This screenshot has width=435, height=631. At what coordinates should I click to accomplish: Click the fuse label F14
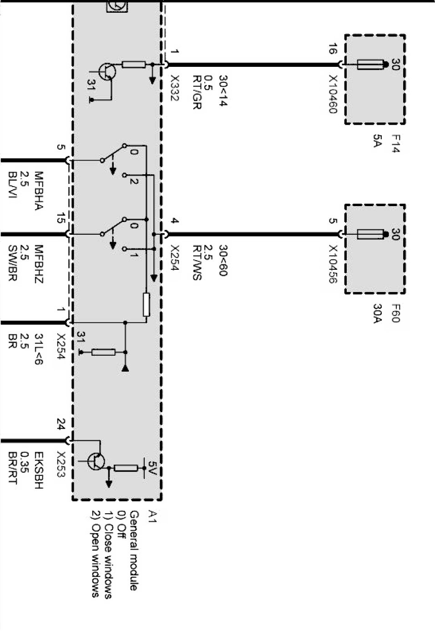coord(395,143)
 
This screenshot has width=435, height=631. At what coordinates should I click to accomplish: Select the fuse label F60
coord(395,313)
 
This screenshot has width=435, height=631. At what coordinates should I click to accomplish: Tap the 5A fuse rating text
coord(377,141)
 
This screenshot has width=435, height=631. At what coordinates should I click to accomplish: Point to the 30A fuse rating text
coord(377,313)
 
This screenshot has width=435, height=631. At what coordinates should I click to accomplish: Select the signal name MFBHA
coord(38,191)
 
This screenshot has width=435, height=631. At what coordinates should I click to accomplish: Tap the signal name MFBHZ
coord(38,264)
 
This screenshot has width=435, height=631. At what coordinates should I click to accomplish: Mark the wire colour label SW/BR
coord(12,263)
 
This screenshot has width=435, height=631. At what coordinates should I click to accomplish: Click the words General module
coord(134,550)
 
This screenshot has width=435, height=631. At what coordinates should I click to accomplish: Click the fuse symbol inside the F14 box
coord(369,65)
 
